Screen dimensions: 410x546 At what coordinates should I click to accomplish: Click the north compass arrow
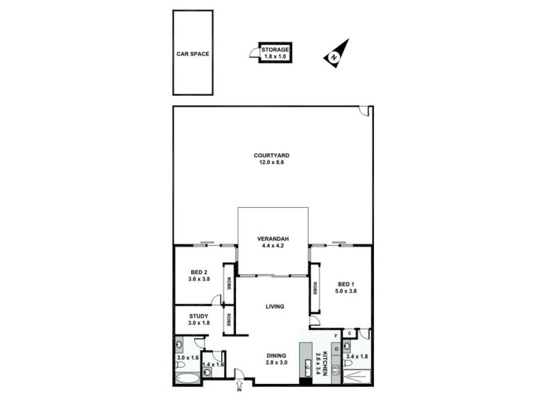tap(335, 54)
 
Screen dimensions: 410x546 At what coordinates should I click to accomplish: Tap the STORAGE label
tap(275, 49)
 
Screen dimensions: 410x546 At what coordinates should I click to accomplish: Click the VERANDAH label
tap(273, 238)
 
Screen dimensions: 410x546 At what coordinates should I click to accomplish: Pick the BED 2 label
tap(200, 272)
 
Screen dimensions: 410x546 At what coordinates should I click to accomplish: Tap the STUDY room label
tap(199, 316)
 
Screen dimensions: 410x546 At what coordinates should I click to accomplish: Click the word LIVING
tap(275, 306)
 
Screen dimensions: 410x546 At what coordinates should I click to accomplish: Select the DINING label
tap(276, 355)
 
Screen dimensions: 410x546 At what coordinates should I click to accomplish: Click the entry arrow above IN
tap(239, 383)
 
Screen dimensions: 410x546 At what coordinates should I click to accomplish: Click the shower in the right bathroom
tap(356, 375)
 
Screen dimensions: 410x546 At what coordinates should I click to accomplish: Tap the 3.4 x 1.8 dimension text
tap(358, 355)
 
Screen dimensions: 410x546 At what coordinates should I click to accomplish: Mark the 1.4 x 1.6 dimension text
tap(214, 364)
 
